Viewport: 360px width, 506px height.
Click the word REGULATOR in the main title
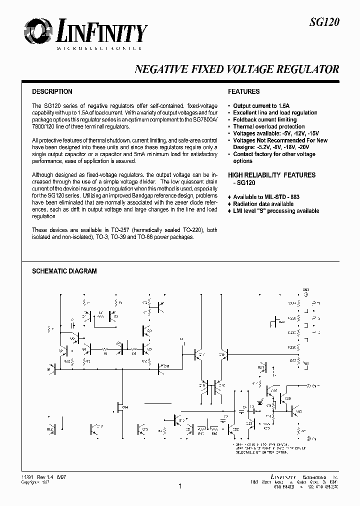coord(308,69)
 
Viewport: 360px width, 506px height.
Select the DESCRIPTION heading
coord(52,91)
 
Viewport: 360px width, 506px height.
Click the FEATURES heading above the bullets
coord(243,91)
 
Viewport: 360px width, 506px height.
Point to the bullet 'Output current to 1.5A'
coord(261,106)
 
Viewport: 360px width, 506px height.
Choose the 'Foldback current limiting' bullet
coord(264,120)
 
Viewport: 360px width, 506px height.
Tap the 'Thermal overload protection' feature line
coord(268,127)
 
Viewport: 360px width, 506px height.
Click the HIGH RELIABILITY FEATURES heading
coord(271,175)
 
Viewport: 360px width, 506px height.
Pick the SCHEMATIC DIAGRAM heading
coord(64,271)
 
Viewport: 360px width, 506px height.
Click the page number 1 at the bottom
coord(179,485)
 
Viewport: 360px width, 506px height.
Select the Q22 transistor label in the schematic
coord(235,428)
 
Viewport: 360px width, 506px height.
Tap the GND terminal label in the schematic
coord(306,289)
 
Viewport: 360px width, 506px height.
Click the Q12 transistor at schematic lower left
coord(52,429)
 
